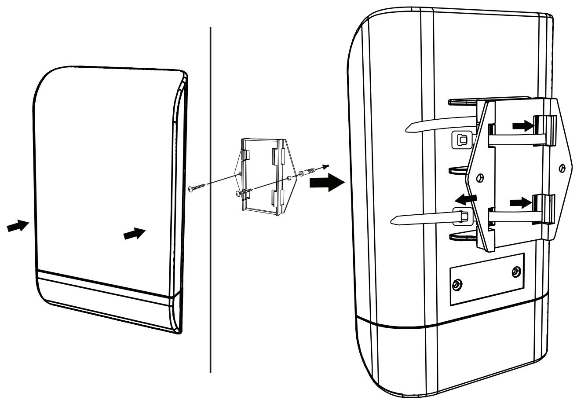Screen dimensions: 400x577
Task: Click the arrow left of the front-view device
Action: coord(17,227)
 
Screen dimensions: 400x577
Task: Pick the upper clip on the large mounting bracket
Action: coord(544,129)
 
